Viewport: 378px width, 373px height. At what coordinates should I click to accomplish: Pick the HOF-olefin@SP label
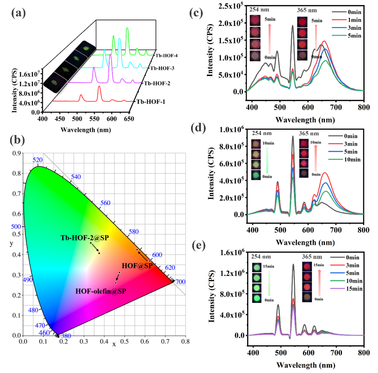point(101,291)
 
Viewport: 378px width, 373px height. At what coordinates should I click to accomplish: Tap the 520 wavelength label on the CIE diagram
point(37,160)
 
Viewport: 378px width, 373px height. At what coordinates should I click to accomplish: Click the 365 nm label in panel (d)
point(309,133)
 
